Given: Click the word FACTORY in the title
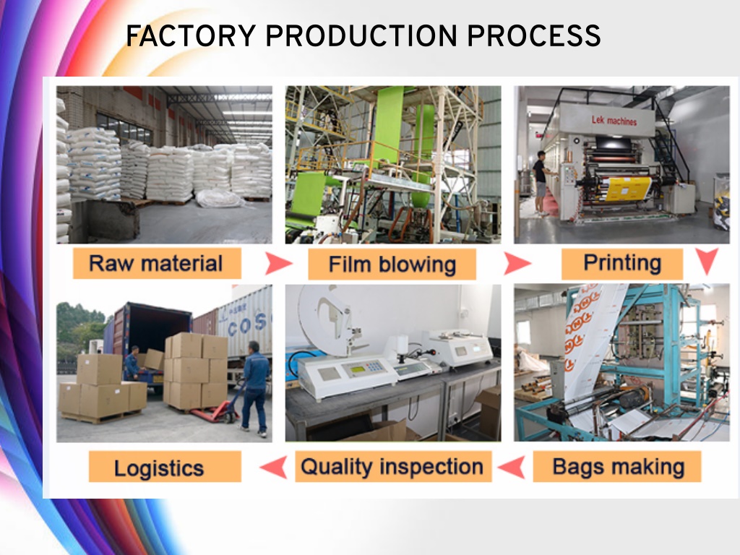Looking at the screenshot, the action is click(191, 36).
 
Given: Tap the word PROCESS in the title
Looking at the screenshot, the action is click(534, 36).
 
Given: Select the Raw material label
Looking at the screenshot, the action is click(157, 263).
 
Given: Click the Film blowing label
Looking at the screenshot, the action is click(392, 264).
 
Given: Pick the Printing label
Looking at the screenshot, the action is click(622, 263).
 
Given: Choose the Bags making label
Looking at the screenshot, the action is click(617, 466).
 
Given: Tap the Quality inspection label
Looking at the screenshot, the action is click(392, 466).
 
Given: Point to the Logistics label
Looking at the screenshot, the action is click(165, 467).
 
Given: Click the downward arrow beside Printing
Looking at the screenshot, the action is click(707, 261).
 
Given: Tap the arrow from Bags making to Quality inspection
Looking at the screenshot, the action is click(512, 467).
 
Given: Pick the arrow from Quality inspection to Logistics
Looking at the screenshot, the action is click(274, 467).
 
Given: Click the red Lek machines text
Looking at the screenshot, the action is click(614, 121).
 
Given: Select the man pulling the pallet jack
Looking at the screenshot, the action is click(255, 388).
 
